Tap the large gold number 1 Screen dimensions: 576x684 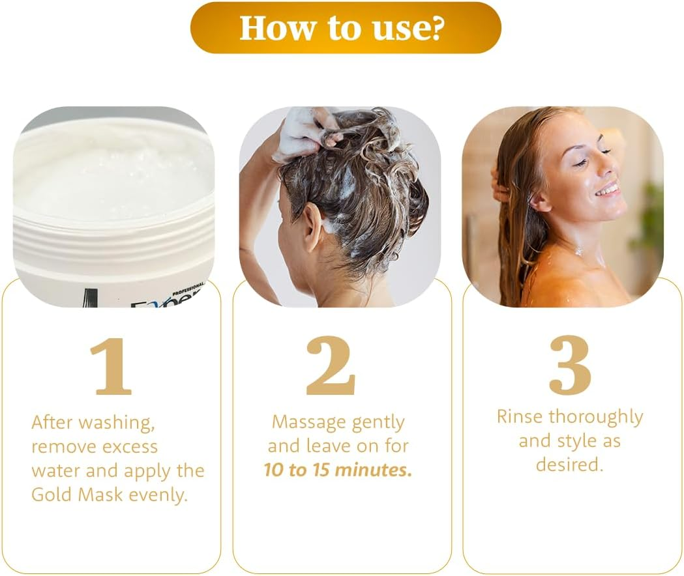point(112,366)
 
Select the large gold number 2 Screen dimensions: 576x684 point(331,366)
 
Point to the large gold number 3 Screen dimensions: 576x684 point(570,365)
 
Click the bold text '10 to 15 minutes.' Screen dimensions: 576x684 point(338,470)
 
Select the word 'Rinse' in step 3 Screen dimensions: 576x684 point(520,416)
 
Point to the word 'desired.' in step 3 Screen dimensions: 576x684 point(569,464)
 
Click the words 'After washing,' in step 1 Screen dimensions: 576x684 point(93,422)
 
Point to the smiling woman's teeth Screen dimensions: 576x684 point(608,190)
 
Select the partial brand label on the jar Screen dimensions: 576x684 point(166,298)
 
